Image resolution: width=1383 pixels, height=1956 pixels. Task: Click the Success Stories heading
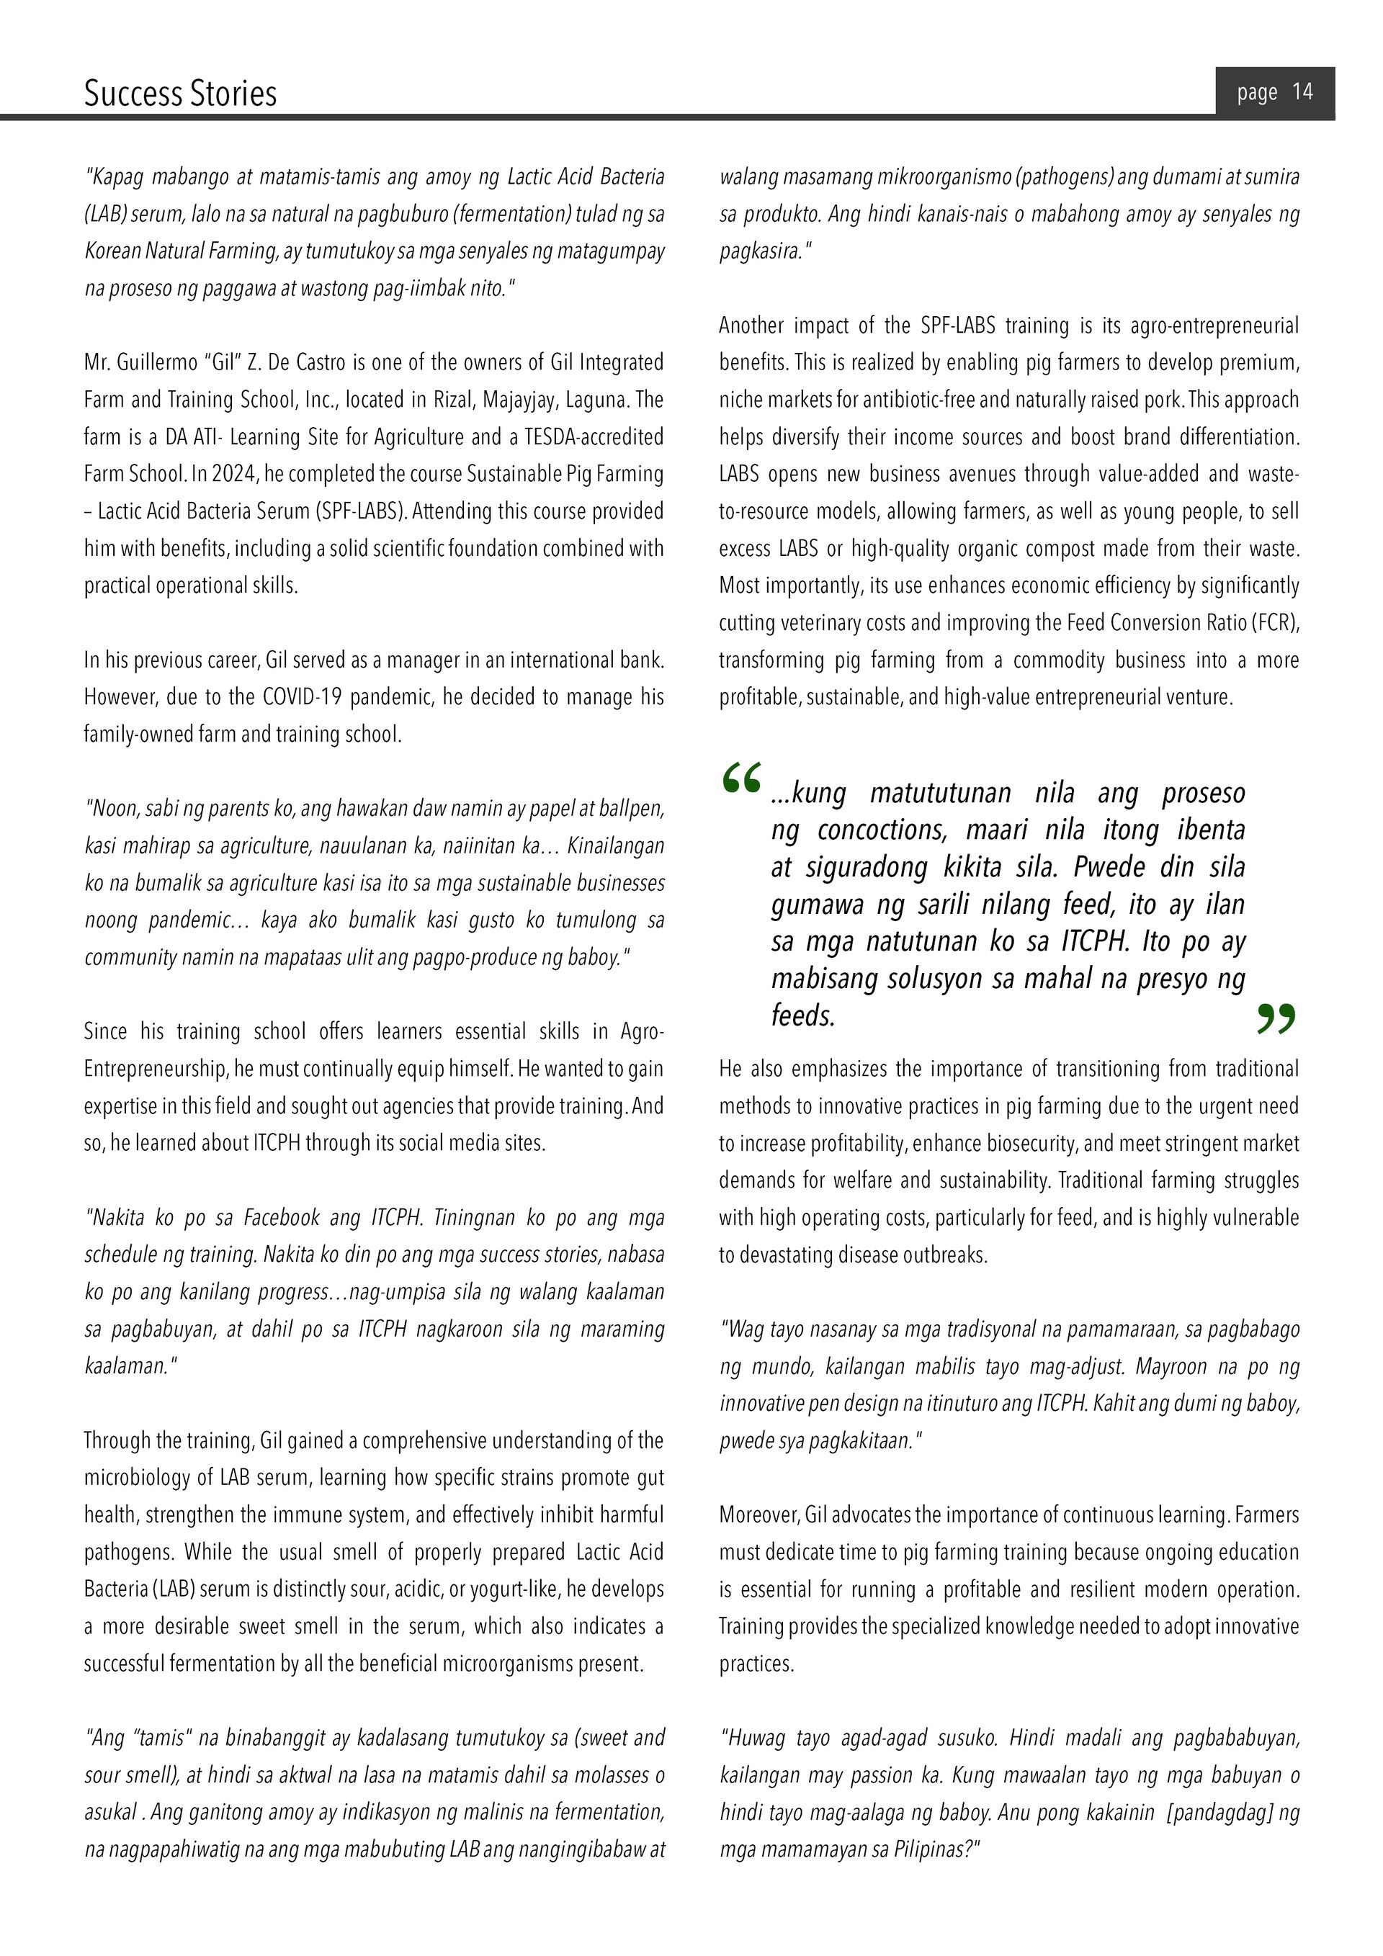(180, 93)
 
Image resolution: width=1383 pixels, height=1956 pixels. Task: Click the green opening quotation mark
(740, 778)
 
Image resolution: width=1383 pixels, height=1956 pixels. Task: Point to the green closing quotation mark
(1276, 1019)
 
